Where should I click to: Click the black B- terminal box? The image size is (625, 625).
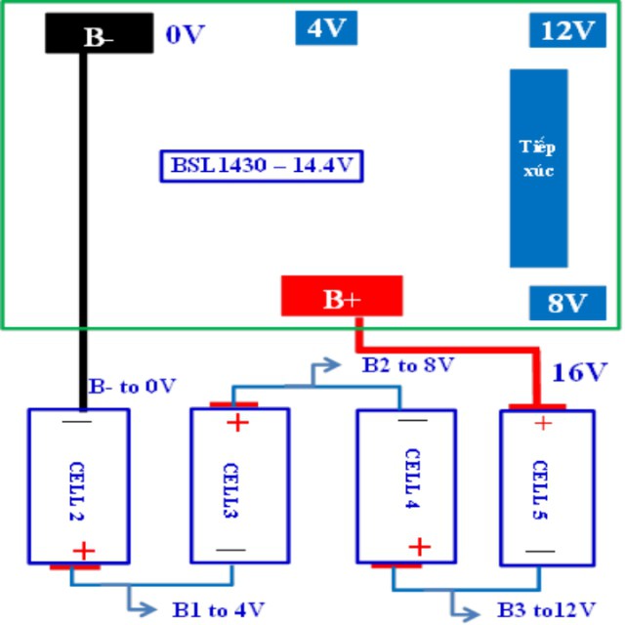click(100, 33)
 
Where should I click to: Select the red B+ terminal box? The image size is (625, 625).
click(342, 296)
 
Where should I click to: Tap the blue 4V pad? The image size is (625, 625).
click(326, 28)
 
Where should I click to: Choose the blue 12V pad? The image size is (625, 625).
click(567, 30)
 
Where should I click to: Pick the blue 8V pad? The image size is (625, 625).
click(567, 303)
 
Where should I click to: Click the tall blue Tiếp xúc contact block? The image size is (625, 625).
click(539, 168)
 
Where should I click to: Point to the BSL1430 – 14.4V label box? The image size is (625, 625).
click(262, 166)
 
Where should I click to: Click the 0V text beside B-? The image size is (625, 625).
click(185, 34)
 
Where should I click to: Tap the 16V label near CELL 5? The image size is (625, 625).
click(579, 372)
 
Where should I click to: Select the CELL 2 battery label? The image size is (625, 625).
click(76, 491)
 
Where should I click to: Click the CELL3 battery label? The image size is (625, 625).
click(230, 490)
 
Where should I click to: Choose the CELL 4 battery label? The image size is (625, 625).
click(412, 479)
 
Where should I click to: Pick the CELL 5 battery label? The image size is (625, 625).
click(540, 490)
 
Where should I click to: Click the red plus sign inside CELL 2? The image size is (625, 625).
click(84, 551)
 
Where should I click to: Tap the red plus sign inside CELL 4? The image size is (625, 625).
click(420, 547)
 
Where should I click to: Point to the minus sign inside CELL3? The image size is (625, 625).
click(230, 550)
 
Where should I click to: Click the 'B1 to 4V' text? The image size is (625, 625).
click(219, 609)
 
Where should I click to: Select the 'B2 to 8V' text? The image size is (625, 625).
click(408, 364)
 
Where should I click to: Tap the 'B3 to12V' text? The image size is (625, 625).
click(547, 609)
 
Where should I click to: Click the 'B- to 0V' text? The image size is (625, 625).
click(133, 386)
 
